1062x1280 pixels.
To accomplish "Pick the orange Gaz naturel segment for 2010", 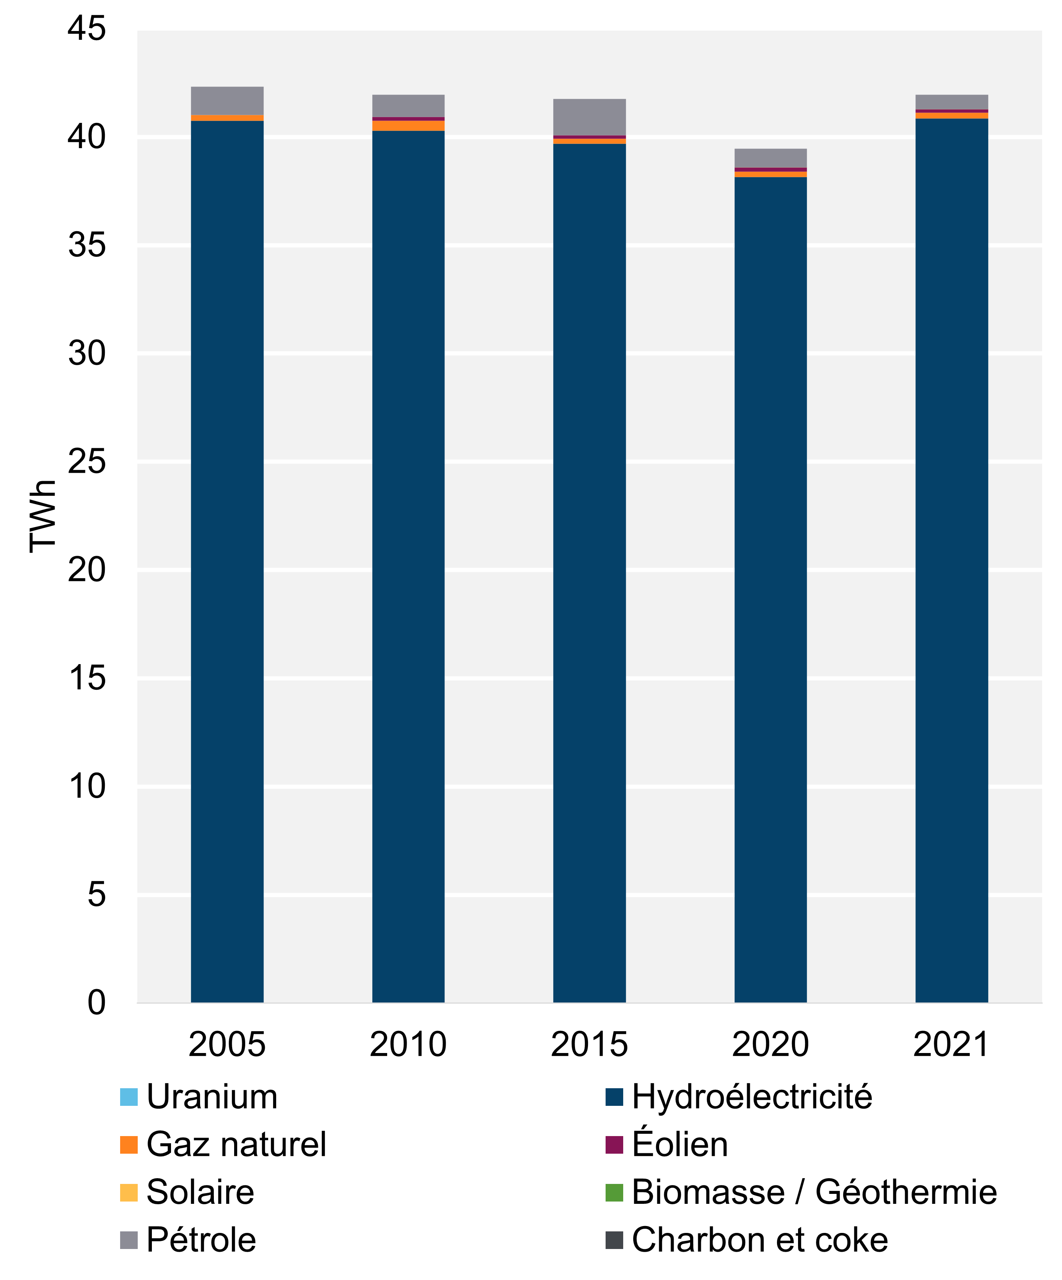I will click(x=408, y=126).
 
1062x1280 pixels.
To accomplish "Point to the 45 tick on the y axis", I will click(x=86, y=29).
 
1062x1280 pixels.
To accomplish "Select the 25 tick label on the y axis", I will click(x=86, y=461).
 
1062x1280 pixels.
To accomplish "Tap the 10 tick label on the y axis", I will click(x=86, y=786).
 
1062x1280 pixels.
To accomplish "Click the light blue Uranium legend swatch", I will click(x=129, y=1097).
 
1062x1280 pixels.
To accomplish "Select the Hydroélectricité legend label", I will click(x=752, y=1097).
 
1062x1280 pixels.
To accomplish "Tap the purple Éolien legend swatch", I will click(x=614, y=1144).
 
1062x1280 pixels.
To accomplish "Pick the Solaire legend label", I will click(x=200, y=1192).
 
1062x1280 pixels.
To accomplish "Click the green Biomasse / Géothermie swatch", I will click(x=614, y=1192).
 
